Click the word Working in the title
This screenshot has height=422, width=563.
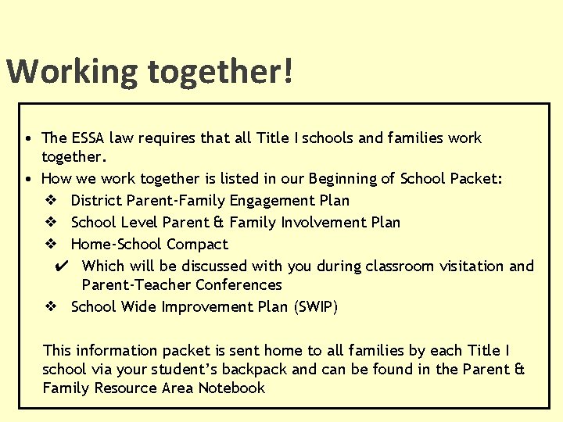pyautogui.click(x=73, y=72)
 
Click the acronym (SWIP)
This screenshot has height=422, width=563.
pyautogui.click(x=316, y=307)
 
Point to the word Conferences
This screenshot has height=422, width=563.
pyautogui.click(x=238, y=285)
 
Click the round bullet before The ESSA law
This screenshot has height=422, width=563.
pyautogui.click(x=27, y=139)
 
